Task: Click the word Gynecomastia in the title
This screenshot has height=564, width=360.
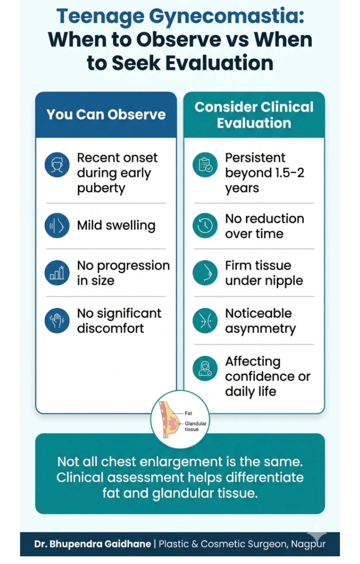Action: point(226,16)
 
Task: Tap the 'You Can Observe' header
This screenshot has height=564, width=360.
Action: point(106,115)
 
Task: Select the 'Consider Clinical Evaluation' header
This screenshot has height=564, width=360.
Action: point(254,115)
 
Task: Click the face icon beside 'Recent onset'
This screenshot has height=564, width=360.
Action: point(57,165)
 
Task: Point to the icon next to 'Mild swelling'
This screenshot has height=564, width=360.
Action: point(57,226)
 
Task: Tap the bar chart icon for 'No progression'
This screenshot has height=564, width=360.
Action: point(57,273)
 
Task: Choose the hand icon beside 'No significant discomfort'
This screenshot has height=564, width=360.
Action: point(57,321)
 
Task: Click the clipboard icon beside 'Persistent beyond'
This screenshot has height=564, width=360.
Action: point(205,165)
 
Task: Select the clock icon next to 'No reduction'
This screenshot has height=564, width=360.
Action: point(205,226)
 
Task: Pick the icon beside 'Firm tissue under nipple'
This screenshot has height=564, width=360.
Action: point(205,273)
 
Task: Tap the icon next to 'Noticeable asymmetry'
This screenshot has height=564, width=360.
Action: point(205,321)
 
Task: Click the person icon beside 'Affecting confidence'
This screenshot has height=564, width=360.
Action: point(205,369)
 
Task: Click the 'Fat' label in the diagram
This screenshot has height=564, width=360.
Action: point(188,413)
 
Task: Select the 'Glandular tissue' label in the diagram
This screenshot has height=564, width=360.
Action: point(195,426)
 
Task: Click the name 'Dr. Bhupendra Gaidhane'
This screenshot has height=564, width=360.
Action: point(92,544)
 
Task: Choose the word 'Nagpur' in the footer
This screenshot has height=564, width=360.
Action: point(308,544)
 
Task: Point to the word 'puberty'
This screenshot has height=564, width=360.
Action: point(101,188)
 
